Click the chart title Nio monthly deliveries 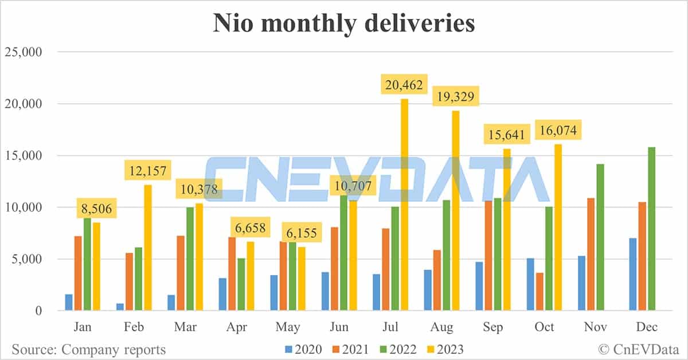[344, 24]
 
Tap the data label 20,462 [404, 86]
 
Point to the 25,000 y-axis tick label [24, 53]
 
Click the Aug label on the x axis [442, 327]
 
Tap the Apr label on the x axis [236, 327]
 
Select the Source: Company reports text [88, 349]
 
